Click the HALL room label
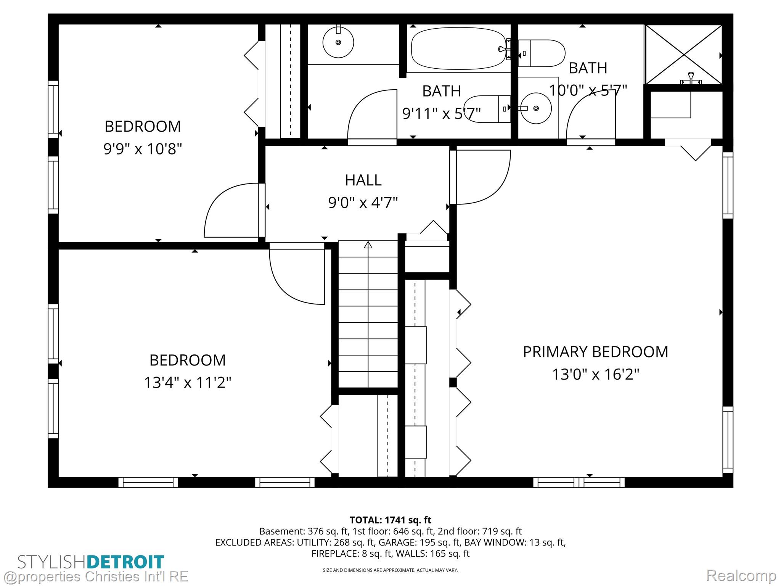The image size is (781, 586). (363, 180)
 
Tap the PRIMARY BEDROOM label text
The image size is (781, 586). (595, 352)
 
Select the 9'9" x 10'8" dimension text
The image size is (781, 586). (143, 148)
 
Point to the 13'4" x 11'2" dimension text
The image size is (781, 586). (188, 382)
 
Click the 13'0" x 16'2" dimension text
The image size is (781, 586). (595, 374)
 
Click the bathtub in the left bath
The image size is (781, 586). (458, 48)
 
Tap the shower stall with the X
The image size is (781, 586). (683, 55)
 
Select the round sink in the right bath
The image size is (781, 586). (536, 108)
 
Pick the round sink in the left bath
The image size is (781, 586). (338, 42)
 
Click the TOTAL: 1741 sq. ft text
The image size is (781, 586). (390, 520)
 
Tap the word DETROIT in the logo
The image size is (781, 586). (125, 562)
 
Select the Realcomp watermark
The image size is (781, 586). (741, 575)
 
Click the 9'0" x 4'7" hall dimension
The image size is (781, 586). (363, 203)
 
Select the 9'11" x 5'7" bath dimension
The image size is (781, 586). (442, 113)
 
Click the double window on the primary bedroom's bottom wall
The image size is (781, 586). (579, 483)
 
